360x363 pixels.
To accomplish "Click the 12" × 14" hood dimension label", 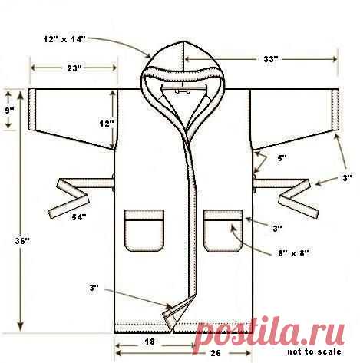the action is coord(64,39).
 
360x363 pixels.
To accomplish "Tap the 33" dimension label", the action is coord(271,59).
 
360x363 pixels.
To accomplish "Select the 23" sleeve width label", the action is coord(74,68).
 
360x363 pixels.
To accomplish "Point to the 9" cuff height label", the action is coord(9,111).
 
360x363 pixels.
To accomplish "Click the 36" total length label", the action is coord(22,241).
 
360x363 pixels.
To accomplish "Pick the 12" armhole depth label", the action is coord(107,124).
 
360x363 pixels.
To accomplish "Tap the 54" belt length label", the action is coord(79,217).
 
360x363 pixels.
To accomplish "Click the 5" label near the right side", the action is coord(282,158).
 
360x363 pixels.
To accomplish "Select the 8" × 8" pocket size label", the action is coord(293,253).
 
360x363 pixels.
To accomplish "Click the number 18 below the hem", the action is coord(150,342).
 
